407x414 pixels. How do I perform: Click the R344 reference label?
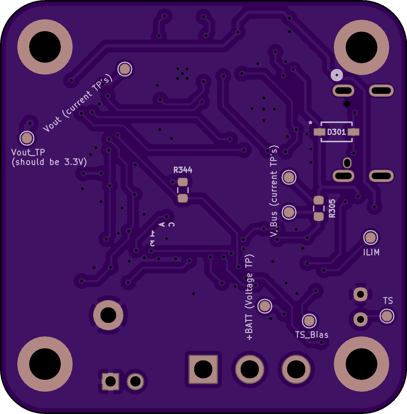pos(183,170)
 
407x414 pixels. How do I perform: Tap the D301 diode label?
pos(336,132)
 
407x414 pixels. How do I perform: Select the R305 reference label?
pos(332,209)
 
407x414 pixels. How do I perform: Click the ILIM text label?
pos(371,252)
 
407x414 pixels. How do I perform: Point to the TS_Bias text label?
pos(312,335)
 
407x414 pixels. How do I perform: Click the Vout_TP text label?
pos(28,152)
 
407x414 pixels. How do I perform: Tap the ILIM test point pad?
pos(371,237)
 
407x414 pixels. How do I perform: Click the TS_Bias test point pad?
pos(309,321)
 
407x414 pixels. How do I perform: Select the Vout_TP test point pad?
pos(27,138)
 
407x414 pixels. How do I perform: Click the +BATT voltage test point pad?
pos(265,306)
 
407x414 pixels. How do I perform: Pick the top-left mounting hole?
pos(45,47)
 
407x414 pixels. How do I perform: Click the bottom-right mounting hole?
pos(361,364)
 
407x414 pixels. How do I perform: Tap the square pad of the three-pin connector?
pos(203,369)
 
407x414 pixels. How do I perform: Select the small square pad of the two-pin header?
pos(110,382)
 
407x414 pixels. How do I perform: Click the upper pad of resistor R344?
pos(183,182)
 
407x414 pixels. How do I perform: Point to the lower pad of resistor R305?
pos(319,216)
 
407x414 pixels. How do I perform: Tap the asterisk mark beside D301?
pos(311,123)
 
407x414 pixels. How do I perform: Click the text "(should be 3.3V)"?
pos(49,162)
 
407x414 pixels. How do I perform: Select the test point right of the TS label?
pos(387,316)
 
